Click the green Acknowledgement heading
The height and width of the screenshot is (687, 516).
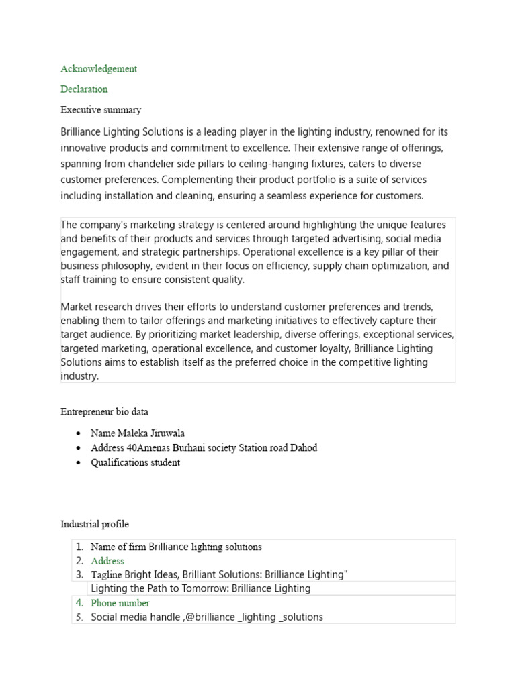(99, 69)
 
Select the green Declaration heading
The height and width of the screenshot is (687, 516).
(84, 89)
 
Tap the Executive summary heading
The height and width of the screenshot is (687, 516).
(101, 110)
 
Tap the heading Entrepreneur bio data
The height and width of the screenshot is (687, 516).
(104, 412)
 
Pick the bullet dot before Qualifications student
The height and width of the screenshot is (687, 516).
(79, 463)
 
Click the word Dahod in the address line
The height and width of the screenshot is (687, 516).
(303, 448)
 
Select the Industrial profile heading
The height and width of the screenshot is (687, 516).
(95, 525)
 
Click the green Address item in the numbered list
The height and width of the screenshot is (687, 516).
(107, 561)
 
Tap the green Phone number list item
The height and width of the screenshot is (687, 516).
(120, 603)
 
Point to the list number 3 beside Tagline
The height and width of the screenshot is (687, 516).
(79, 575)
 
